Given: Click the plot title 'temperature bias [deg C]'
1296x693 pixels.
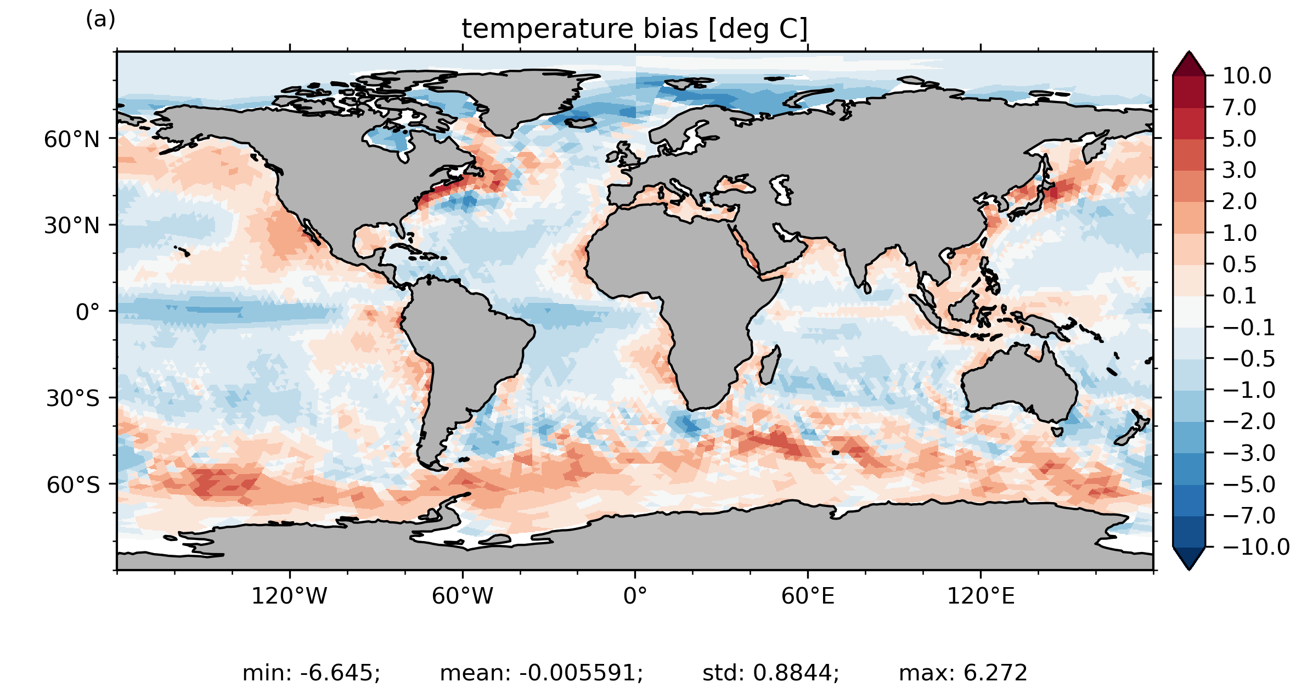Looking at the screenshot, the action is (x=635, y=29).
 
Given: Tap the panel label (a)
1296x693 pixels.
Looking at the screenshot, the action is (x=100, y=19).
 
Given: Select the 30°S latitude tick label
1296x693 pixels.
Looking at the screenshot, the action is (x=73, y=398).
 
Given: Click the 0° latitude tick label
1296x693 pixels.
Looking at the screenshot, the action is (x=88, y=312).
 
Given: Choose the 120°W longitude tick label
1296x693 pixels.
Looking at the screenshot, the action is (x=289, y=596).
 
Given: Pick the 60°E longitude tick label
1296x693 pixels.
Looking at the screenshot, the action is (x=808, y=596).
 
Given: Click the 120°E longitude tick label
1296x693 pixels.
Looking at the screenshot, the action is (x=981, y=596).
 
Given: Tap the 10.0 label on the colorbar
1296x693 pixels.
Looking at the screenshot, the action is (x=1247, y=76).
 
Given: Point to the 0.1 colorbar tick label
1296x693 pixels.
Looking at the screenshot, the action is (x=1239, y=296).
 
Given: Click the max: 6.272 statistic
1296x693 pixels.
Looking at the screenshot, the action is (x=963, y=673).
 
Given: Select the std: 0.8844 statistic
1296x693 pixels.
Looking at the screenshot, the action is (x=771, y=673).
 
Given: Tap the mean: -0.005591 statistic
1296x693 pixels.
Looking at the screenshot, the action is (x=542, y=673).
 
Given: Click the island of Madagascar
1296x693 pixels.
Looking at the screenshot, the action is (x=769, y=365).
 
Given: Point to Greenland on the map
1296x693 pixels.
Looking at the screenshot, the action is (x=516, y=99).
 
